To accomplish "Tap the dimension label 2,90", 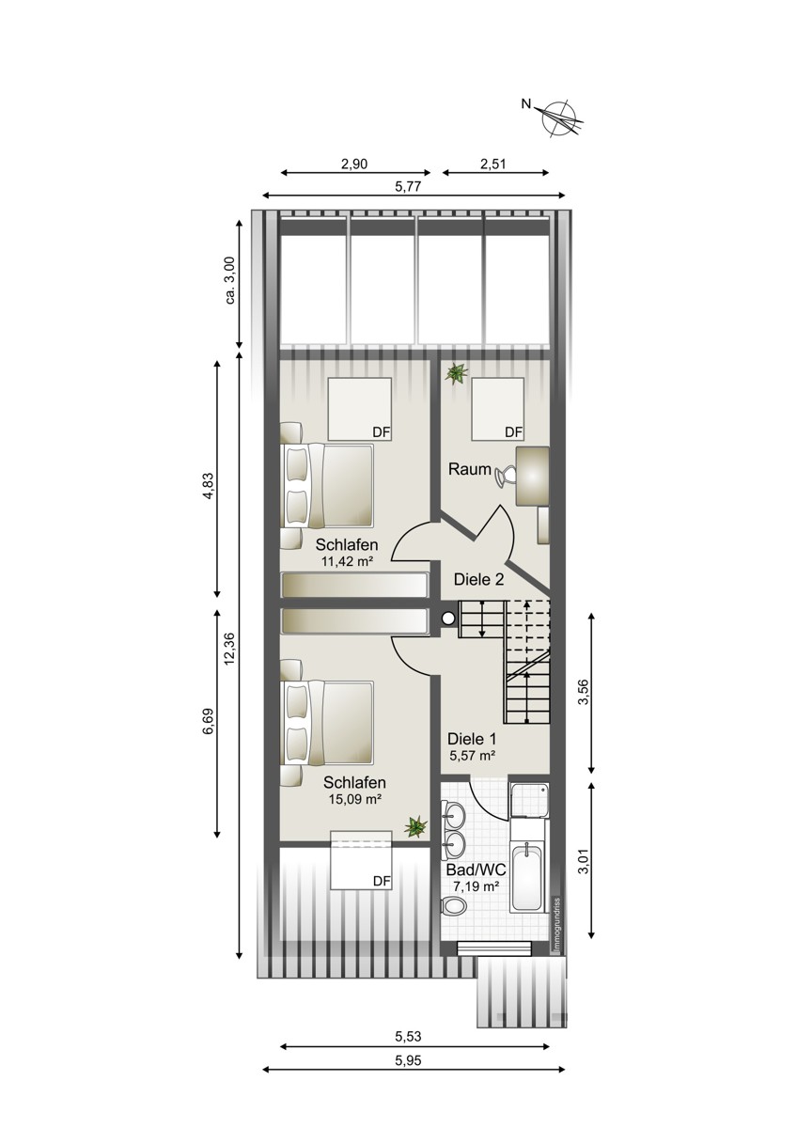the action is pos(354,164).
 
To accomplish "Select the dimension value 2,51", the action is pos(492,164).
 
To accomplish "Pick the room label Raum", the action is pos(470,469).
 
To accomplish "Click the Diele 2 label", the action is pos(478,580).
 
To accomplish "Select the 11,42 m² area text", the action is pos(350,561).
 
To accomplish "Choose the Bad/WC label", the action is pos(476,870).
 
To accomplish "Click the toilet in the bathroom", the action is pos(453,905).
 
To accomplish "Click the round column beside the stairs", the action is pos(448,619).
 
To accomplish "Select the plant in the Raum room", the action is pos(457,373).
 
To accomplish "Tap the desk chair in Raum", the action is pos(505,476).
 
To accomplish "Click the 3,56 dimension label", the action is pos(584,694).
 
